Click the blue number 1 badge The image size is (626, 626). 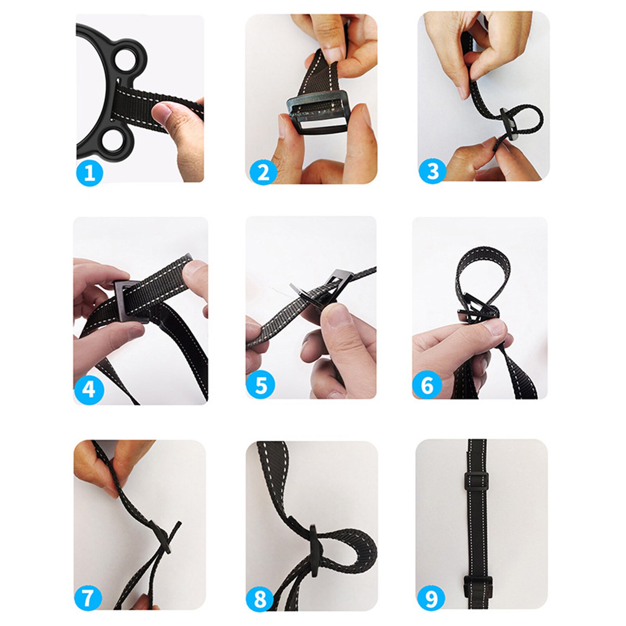click(90, 172)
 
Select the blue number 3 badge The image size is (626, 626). click(432, 171)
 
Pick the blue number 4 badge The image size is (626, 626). click(89, 390)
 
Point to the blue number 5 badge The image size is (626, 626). click(261, 385)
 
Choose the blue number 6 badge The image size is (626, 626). click(427, 385)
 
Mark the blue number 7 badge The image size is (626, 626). click(88, 597)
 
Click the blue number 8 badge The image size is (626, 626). click(260, 599)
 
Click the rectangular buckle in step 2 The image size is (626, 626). click(317, 116)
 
